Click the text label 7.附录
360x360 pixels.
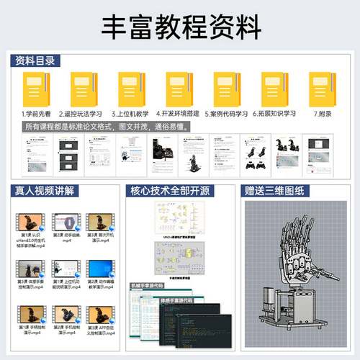[322, 114]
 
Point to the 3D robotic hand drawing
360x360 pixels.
[294, 270]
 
